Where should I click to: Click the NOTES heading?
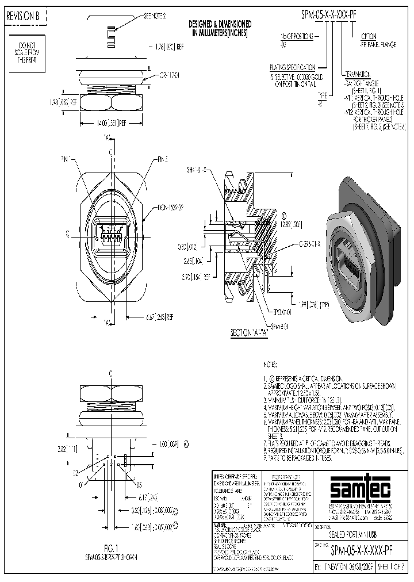click(x=270, y=365)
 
